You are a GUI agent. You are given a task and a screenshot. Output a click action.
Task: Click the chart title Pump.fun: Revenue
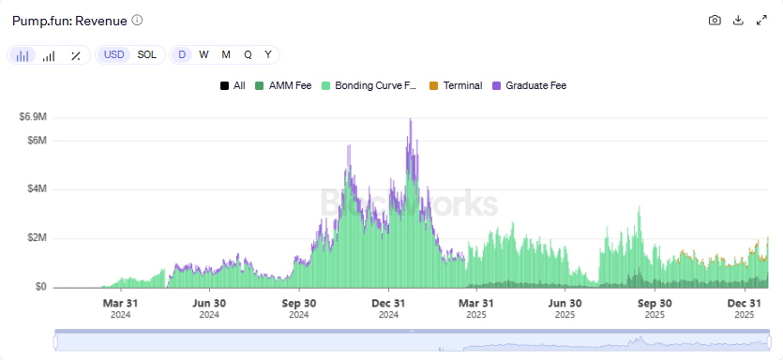pyautogui.click(x=68, y=20)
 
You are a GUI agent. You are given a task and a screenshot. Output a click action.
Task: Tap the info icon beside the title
pyautogui.click(x=138, y=20)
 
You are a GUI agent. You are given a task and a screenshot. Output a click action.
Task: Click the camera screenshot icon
pyautogui.click(x=715, y=20)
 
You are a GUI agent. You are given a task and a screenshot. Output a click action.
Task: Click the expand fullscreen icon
pyautogui.click(x=761, y=20)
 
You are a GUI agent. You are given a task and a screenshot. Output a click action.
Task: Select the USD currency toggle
pyautogui.click(x=113, y=54)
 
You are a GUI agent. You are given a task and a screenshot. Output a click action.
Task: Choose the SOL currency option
pyautogui.click(x=147, y=54)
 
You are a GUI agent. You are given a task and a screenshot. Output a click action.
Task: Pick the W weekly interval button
pyautogui.click(x=203, y=54)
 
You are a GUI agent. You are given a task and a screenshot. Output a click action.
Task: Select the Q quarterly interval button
pyautogui.click(x=248, y=54)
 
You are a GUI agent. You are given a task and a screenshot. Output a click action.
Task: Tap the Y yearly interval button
pyautogui.click(x=268, y=54)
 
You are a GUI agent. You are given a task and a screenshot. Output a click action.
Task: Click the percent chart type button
pyautogui.click(x=75, y=55)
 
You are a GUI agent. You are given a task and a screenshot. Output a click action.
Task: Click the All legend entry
pyautogui.click(x=233, y=85)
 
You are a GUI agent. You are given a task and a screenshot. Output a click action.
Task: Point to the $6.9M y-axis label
pyautogui.click(x=34, y=117)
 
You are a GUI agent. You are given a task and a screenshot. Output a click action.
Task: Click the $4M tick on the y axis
pyautogui.click(x=36, y=189)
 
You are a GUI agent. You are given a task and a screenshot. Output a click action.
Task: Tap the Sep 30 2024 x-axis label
pyautogui.click(x=298, y=308)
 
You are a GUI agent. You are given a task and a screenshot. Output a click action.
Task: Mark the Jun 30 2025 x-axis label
pyautogui.click(x=565, y=308)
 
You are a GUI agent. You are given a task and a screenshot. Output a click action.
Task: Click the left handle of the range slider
pyautogui.click(x=55, y=342)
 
